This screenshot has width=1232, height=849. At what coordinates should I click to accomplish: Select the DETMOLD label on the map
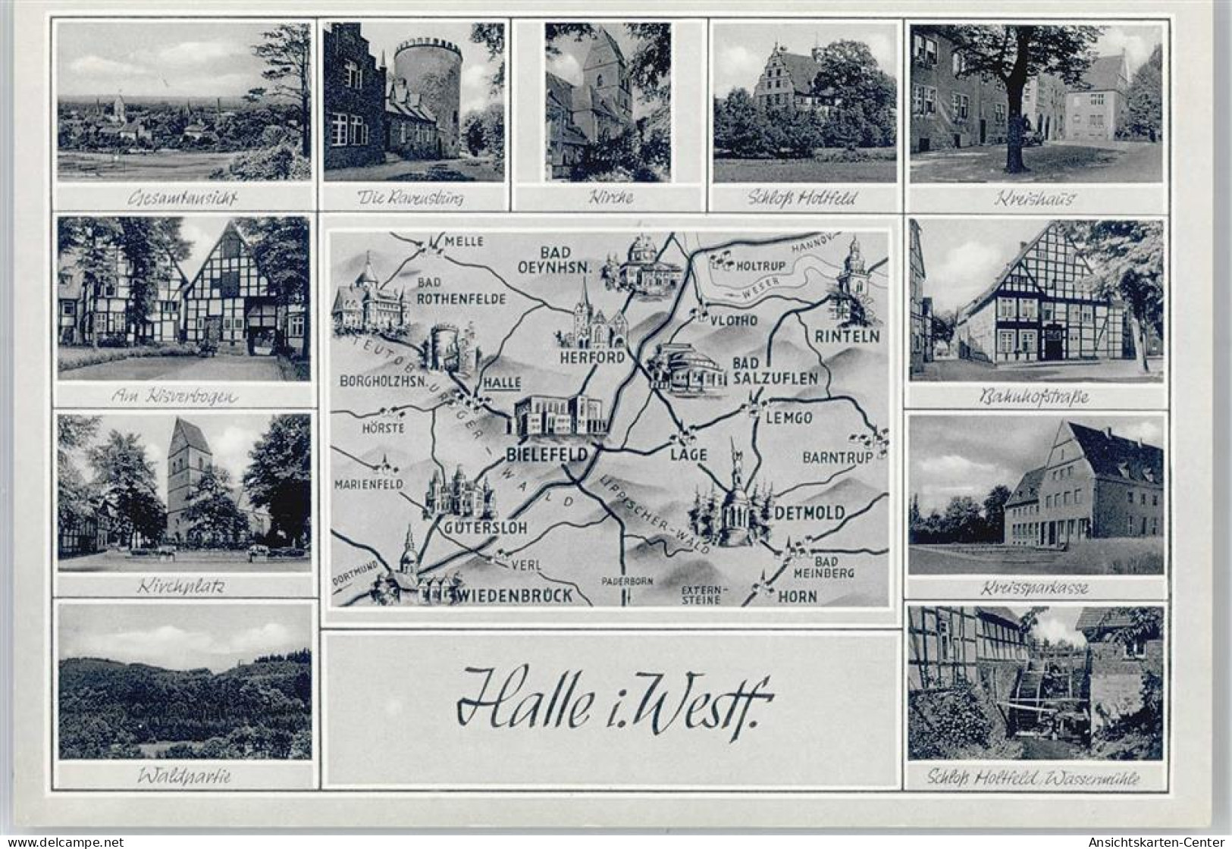point(810,513)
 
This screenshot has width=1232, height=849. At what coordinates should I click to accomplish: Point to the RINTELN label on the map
point(847,336)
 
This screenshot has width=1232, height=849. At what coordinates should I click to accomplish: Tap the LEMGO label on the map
point(788,418)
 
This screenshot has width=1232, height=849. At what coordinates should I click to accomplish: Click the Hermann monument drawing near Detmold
point(734,493)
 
